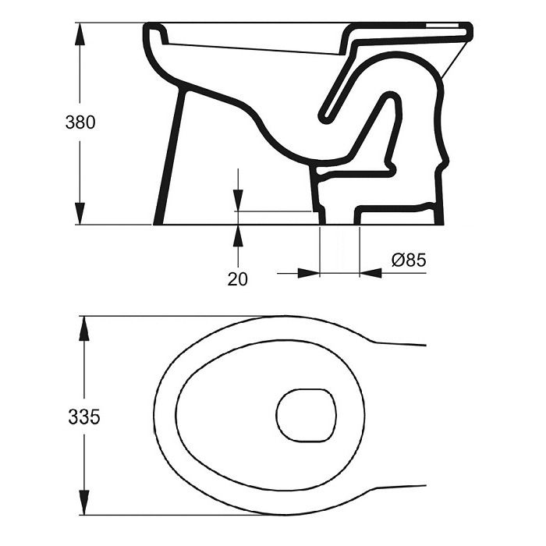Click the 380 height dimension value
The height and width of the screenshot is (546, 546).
point(81,122)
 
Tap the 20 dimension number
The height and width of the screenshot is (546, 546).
point(237,278)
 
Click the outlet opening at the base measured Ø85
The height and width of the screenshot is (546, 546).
point(340,222)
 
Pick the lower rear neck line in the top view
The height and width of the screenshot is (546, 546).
point(398,491)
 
